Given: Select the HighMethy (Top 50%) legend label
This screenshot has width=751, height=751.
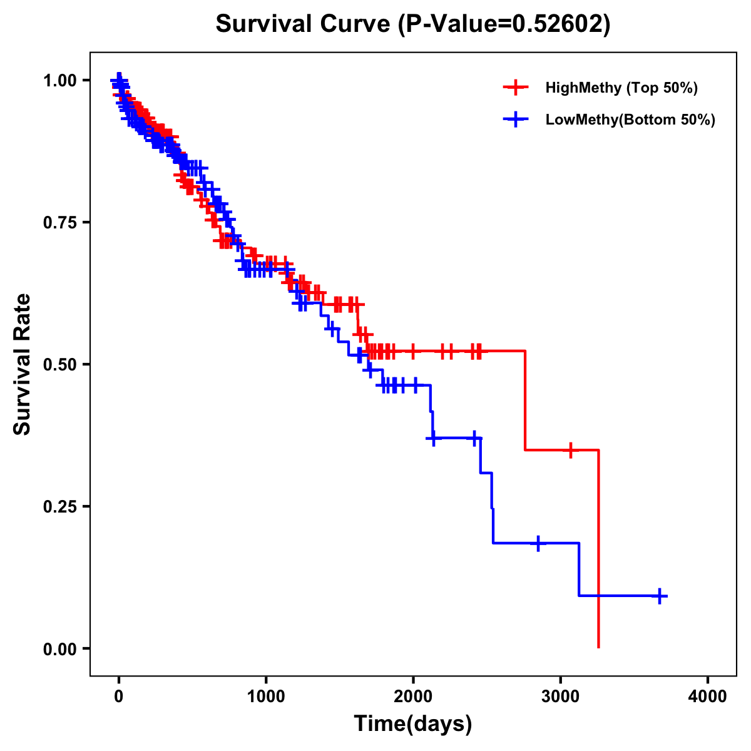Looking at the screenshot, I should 621,88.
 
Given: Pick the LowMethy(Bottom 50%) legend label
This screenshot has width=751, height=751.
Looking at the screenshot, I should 630,120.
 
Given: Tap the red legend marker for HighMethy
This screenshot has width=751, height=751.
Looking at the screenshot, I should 516,88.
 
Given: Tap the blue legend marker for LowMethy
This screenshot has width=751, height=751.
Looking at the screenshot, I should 516,120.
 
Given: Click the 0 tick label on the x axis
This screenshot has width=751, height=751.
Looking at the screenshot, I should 119,697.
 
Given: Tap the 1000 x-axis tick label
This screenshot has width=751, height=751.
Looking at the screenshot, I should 266,697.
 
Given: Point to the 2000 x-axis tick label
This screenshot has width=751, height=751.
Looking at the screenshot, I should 413,697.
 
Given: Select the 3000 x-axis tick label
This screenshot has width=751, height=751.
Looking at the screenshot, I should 561,697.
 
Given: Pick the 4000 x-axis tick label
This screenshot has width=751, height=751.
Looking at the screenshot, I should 708,697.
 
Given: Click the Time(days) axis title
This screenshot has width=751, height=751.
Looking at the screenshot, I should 413,724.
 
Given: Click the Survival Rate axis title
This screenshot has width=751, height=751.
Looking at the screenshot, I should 23,364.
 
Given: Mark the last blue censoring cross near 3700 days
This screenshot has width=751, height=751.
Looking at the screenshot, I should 659,596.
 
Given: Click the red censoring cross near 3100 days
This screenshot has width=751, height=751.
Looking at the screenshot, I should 570,450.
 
